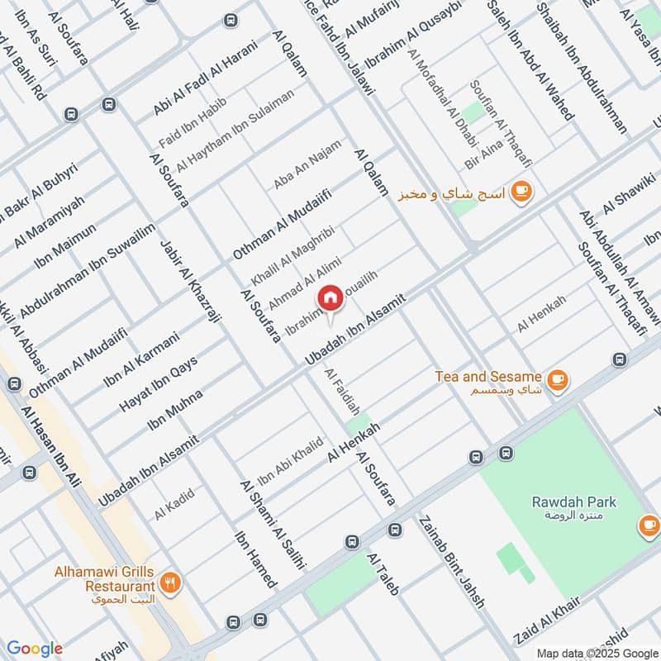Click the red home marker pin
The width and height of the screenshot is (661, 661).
tap(330, 298)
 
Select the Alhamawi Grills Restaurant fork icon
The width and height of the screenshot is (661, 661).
tap(171, 581)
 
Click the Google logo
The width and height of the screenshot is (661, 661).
tap(35, 648)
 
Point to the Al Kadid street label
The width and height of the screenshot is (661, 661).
tap(174, 504)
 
